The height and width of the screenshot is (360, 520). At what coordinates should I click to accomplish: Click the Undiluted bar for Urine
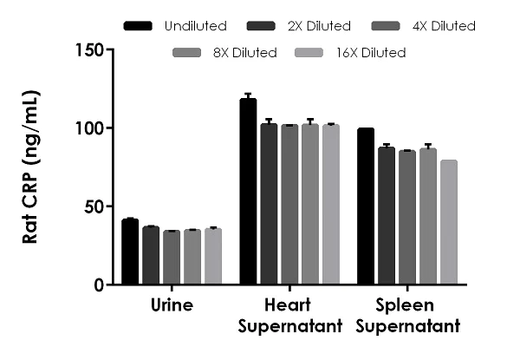point(130,252)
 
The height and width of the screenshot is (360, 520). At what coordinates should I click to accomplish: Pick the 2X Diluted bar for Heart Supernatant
point(269,204)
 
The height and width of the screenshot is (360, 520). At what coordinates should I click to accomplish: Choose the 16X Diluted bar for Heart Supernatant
point(330,205)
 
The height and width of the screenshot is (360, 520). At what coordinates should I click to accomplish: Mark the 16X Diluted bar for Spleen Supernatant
point(448,222)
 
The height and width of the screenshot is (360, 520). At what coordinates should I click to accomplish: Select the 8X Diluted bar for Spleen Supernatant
point(427,216)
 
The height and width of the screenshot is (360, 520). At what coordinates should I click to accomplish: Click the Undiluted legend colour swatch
point(139,26)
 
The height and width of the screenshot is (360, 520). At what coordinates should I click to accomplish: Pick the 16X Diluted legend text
point(372,53)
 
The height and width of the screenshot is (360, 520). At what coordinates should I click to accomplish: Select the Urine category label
point(171,305)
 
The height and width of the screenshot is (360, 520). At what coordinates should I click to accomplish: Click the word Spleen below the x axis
point(406,305)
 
